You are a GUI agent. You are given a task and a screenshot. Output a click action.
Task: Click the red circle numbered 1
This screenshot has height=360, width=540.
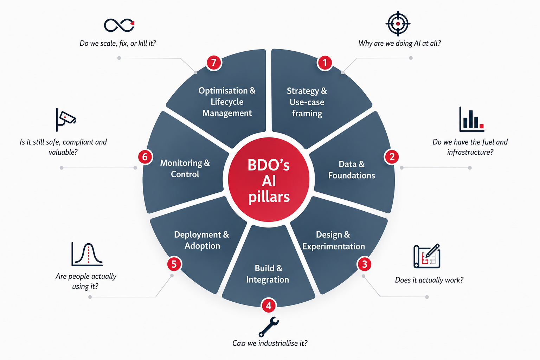coord(325,63)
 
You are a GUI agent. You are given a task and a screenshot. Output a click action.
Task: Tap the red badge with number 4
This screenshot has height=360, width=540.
coord(269,306)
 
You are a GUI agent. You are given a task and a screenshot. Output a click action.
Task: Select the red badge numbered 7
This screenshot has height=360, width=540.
coord(214,63)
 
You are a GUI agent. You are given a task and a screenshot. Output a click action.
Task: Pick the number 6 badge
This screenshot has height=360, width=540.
coord(145,157)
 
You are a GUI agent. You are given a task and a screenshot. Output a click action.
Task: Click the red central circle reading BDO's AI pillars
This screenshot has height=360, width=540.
coord(269,180)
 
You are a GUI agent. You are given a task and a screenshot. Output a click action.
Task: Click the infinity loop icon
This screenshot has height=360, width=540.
coord(119,25)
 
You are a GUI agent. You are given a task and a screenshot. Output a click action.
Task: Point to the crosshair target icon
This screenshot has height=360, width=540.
coord(398,24)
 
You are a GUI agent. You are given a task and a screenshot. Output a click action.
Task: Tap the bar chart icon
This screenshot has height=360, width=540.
coord(472,119)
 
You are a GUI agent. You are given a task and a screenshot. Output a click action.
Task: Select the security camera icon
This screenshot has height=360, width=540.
coord(66,120)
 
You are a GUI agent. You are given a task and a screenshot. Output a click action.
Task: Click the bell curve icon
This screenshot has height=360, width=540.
coord(87,255)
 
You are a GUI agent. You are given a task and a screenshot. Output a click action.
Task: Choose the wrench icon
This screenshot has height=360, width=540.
coord(268,327)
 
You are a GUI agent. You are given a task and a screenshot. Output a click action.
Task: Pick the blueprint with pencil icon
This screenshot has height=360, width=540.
coord(427,256)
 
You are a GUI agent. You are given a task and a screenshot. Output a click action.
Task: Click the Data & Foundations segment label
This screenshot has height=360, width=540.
coord(352,170)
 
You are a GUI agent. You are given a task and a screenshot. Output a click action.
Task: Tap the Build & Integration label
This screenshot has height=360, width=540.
coord(268,274)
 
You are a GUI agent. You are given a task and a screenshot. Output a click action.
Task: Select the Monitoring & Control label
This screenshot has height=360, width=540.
coord(185,168)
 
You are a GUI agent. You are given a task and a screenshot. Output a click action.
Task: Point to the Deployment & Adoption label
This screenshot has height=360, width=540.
coord(202,240)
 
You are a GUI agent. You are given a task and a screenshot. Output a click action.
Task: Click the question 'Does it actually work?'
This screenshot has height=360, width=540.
coord(429,280)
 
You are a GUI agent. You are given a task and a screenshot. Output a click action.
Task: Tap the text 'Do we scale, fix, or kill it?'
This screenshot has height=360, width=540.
coord(118,43)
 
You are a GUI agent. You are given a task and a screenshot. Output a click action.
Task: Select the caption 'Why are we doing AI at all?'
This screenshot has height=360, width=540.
coord(399,43)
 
